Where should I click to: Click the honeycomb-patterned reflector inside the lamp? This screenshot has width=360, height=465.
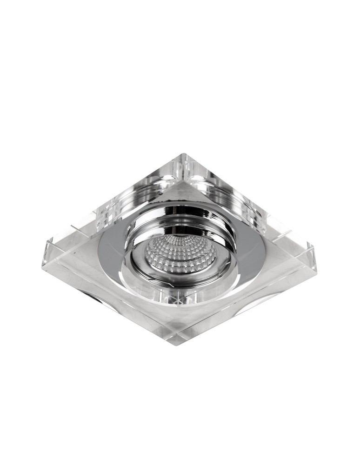[180, 254]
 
